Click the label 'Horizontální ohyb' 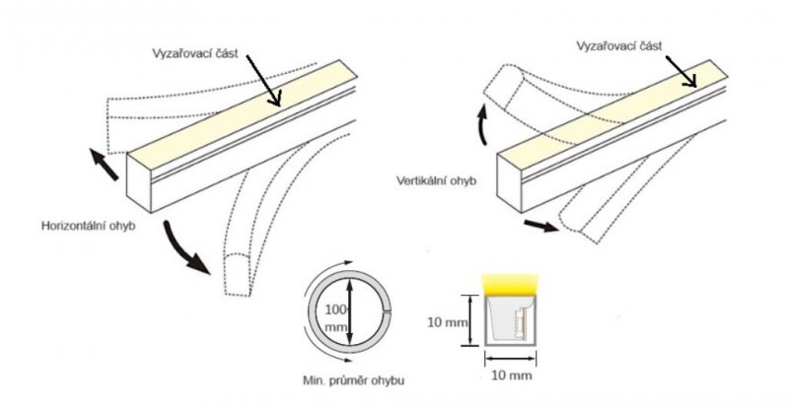tap(88, 226)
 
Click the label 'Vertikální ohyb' tap(436, 180)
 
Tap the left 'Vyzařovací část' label tap(194, 53)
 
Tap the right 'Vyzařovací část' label tap(619, 45)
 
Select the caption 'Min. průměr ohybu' tap(353, 380)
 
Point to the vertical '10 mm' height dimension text tap(448, 322)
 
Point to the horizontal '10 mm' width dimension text tap(511, 375)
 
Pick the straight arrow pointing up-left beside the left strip tap(104, 164)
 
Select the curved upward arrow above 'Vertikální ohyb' tap(482, 124)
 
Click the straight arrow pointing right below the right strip tap(541, 226)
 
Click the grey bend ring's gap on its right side tap(388, 313)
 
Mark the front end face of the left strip tap(139, 183)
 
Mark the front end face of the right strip tap(510, 183)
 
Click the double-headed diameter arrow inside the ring tap(351, 313)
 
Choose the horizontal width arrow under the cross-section tap(510, 359)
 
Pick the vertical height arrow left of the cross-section tap(470, 321)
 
